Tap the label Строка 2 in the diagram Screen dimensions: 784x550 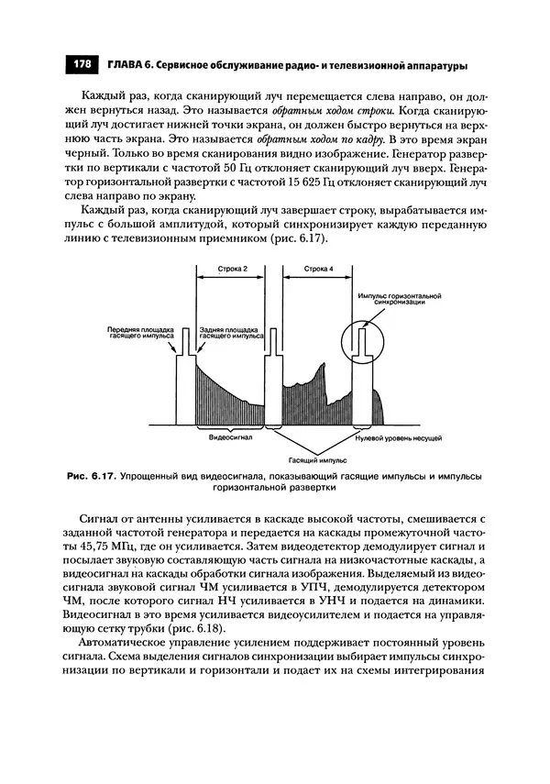[x=231, y=269]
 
